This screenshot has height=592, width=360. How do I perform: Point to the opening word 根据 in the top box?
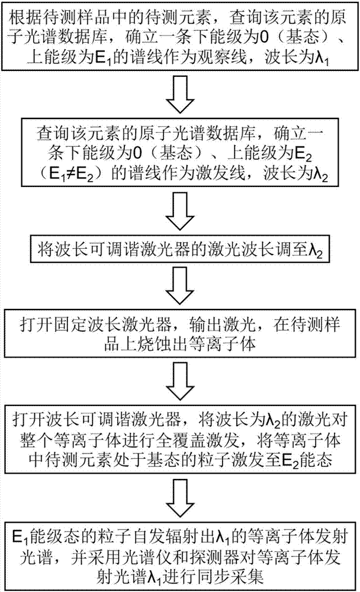tap(22, 14)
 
